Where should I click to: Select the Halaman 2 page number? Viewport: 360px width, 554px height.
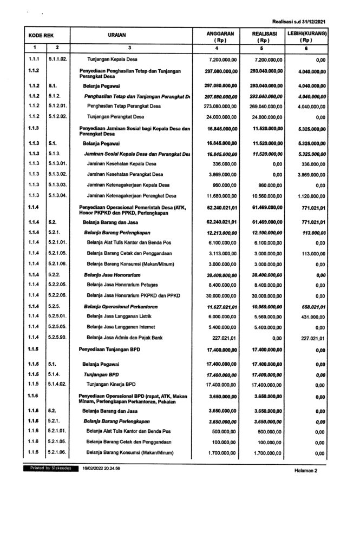(x=306, y=470)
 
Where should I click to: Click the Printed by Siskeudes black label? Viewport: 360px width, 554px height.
(x=47, y=467)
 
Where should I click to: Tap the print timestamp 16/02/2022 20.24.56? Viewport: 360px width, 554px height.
(x=101, y=467)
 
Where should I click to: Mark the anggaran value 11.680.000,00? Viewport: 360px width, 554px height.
(x=218, y=195)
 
